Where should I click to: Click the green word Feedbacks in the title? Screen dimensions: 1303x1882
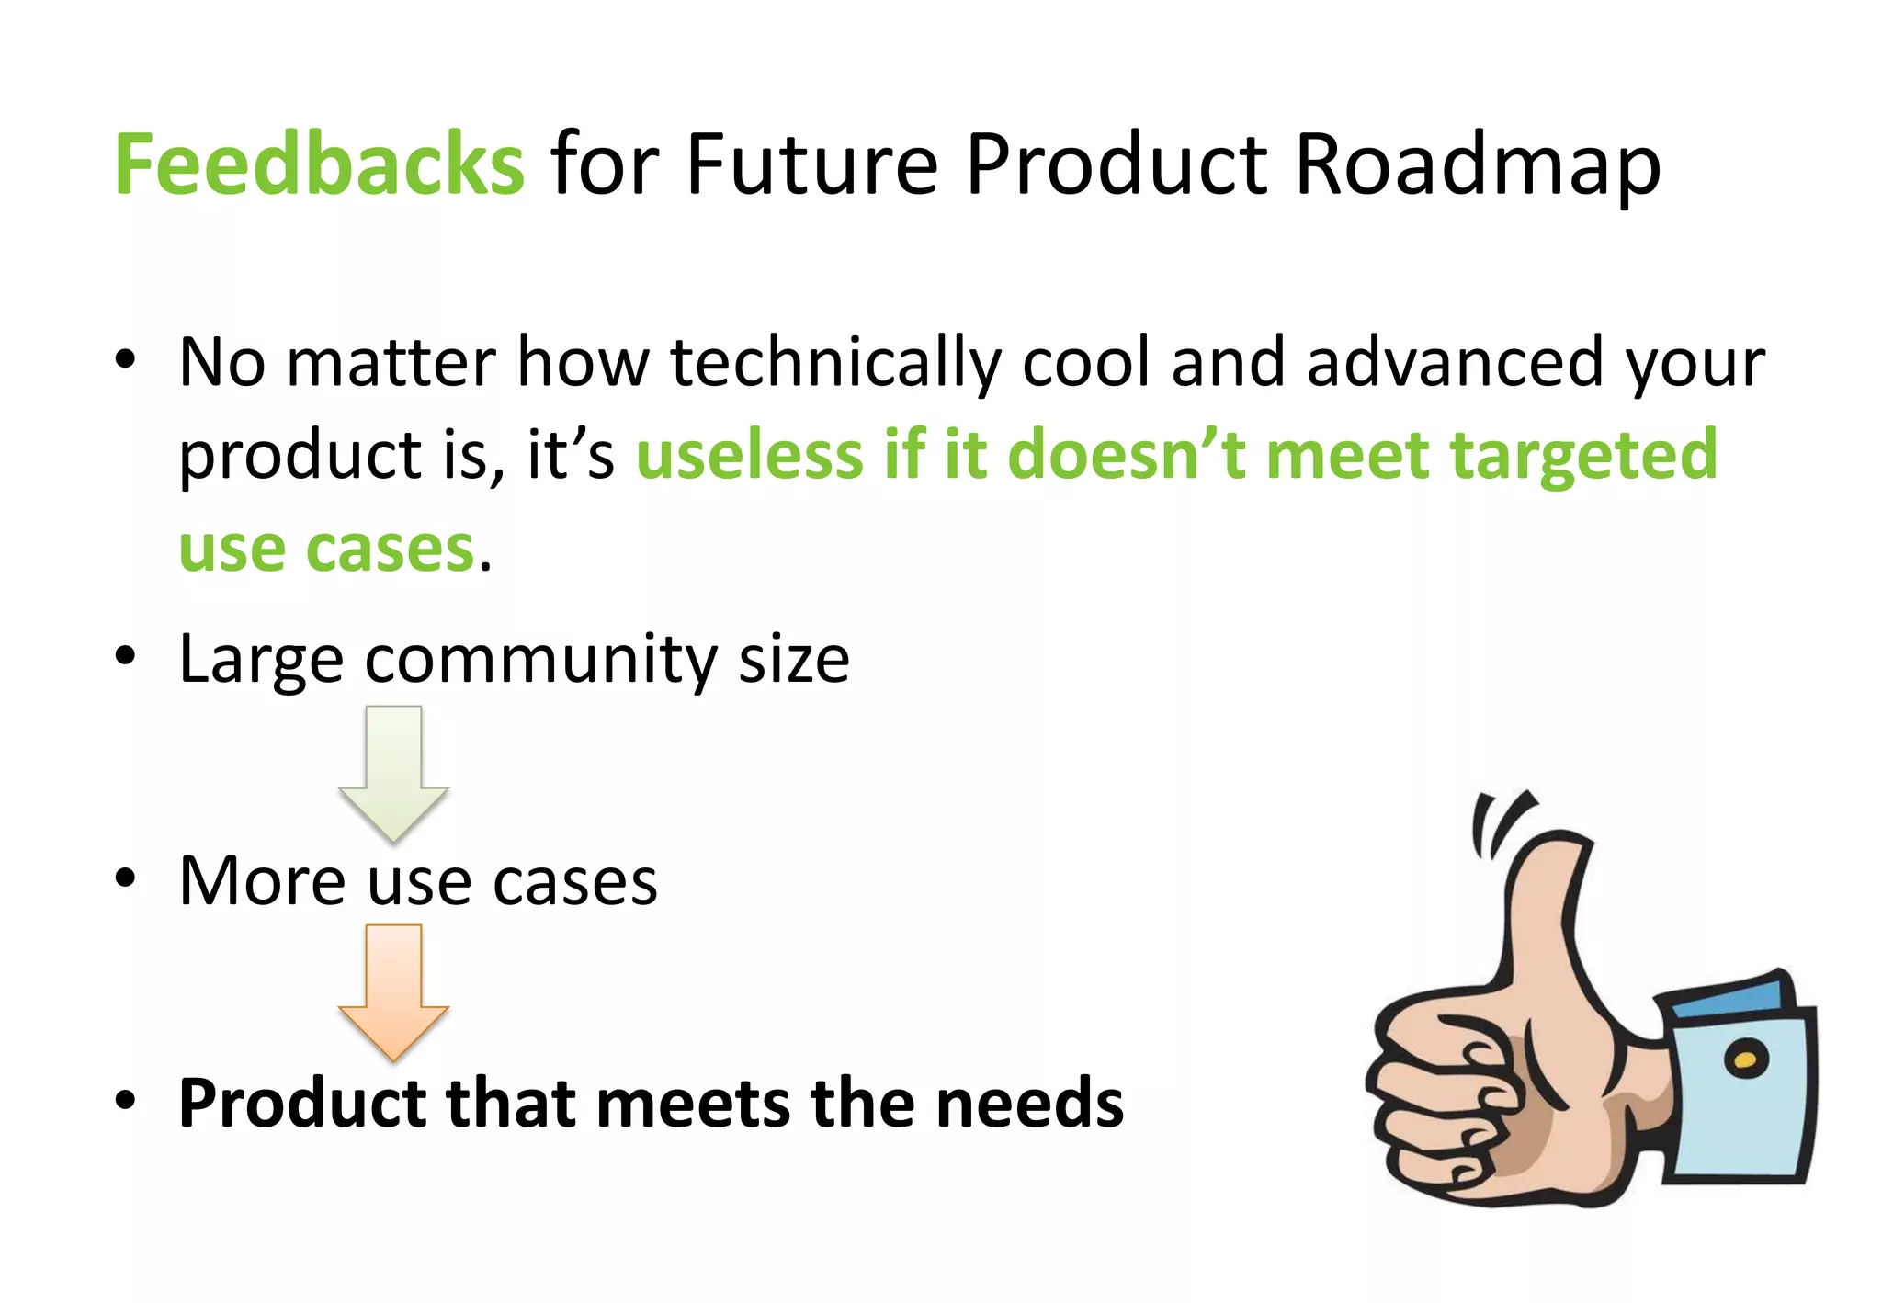click(319, 165)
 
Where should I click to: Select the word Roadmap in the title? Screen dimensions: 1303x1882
click(1477, 165)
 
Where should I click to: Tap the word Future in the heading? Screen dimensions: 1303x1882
click(811, 165)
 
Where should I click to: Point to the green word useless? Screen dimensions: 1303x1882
click(750, 455)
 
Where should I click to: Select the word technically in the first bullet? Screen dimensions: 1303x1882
click(835, 363)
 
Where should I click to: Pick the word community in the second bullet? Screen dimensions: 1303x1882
click(541, 661)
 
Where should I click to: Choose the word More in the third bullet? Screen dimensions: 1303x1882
click(261, 881)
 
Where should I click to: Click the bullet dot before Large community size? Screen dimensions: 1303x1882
click(125, 657)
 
